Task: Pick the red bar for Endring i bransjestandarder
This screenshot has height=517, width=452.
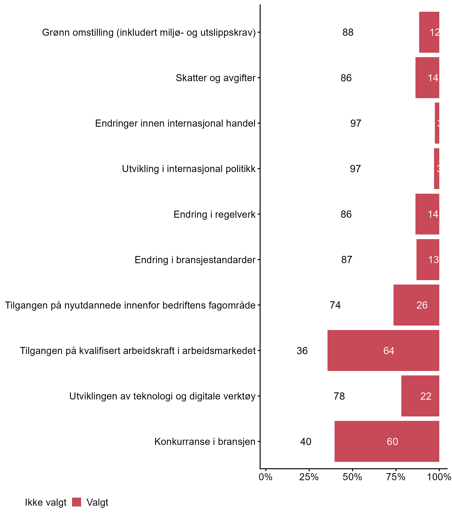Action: click(428, 260)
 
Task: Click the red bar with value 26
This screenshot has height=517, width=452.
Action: click(416, 305)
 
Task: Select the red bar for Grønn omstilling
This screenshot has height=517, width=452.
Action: click(429, 32)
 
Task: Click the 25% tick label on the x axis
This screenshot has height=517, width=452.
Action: click(309, 477)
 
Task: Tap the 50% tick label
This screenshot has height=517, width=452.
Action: click(352, 477)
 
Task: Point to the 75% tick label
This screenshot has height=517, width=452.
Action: click(396, 477)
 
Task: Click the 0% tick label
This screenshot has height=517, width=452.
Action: click(266, 477)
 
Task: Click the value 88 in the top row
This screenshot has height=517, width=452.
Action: click(348, 32)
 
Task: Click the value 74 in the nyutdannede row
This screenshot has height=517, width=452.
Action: click(335, 305)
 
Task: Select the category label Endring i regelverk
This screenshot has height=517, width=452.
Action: click(214, 214)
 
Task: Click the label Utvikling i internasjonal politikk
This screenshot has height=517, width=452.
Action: click(189, 169)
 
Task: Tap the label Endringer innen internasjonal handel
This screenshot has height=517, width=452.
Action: click(175, 123)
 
